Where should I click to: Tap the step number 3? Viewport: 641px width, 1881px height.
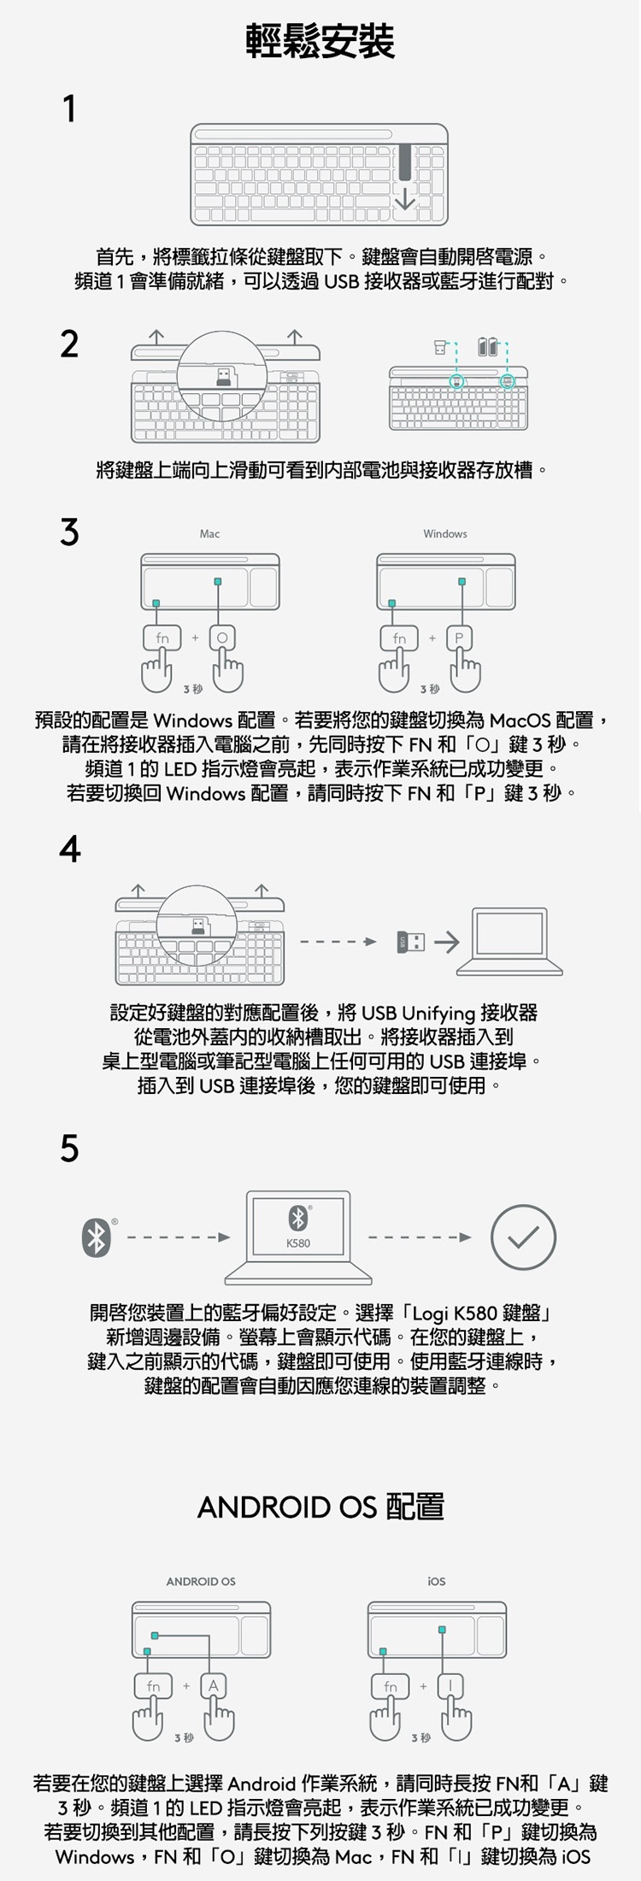click(x=69, y=532)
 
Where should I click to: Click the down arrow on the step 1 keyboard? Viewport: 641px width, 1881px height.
click(x=404, y=198)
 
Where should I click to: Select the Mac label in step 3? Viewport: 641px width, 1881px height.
click(x=209, y=534)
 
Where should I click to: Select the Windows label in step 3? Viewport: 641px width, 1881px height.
click(x=444, y=534)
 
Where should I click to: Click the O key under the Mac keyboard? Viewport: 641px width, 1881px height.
click(x=223, y=638)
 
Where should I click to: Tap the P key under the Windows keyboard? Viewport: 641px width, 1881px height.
click(x=459, y=638)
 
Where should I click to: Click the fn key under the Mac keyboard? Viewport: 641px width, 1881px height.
click(x=162, y=638)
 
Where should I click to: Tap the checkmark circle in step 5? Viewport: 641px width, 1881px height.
click(x=523, y=1237)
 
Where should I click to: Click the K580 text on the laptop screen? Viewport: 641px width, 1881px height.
click(x=298, y=1243)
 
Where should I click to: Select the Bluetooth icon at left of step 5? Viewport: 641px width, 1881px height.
click(x=96, y=1237)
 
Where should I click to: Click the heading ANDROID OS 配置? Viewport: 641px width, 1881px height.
click(x=320, y=1506)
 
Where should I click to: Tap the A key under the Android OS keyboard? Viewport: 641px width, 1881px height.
click(x=214, y=1686)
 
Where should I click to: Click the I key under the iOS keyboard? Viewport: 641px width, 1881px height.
click(x=450, y=1686)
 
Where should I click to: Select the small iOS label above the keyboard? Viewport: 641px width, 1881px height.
click(x=437, y=1581)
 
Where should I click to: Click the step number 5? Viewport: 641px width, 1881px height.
click(x=69, y=1149)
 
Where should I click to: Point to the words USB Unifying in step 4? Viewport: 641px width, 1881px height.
click(x=418, y=1014)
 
